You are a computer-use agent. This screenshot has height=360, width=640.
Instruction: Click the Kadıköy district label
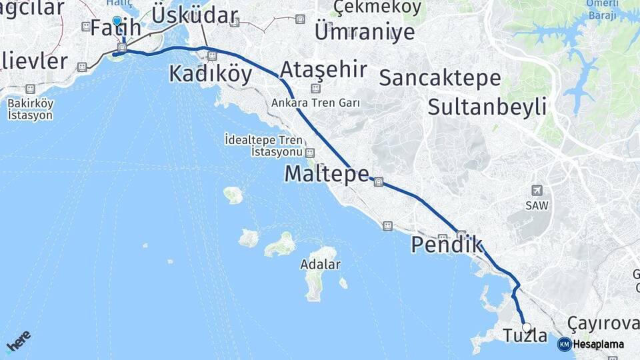pyautogui.click(x=210, y=73)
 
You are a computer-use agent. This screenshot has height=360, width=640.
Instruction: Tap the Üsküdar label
pyautogui.click(x=195, y=15)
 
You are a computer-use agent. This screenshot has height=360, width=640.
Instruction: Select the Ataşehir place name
pyautogui.click(x=323, y=69)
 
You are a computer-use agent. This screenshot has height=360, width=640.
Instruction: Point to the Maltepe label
pyautogui.click(x=326, y=174)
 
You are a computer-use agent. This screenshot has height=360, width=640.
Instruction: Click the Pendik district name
pyautogui.click(x=446, y=245)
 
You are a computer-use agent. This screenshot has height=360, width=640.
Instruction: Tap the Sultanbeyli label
pyautogui.click(x=487, y=106)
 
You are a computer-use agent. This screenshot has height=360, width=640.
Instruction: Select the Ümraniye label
pyautogui.click(x=364, y=31)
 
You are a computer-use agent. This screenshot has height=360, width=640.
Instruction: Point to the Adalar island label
pyautogui.click(x=320, y=265)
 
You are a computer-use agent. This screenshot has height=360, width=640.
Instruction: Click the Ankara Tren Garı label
pyautogui.click(x=315, y=103)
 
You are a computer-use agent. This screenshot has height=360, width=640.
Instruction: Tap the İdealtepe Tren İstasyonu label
pyautogui.click(x=264, y=146)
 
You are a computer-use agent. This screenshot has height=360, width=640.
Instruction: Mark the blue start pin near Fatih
pyautogui.click(x=117, y=21)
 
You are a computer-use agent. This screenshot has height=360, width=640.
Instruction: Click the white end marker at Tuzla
pyautogui.click(x=527, y=327)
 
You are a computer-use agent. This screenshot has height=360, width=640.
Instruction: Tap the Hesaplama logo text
pyautogui.click(x=598, y=345)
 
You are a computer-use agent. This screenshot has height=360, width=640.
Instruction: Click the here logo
pyautogui.click(x=18, y=341)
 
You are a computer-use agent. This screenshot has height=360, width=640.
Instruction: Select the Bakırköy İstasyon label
pyautogui.click(x=30, y=109)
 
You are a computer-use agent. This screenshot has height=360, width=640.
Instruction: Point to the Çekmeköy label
pyautogui.click(x=377, y=7)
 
